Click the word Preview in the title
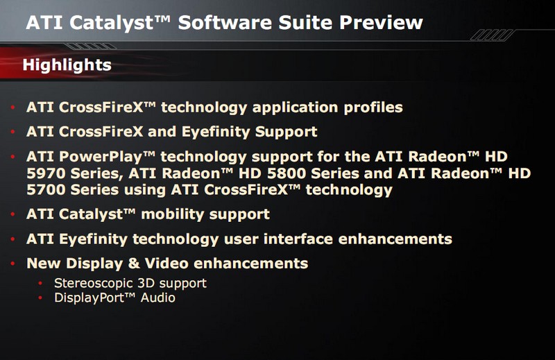coord(381,23)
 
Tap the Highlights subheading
coord(67,65)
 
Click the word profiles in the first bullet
coord(373,108)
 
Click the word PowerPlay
coord(102,157)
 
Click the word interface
coord(298,239)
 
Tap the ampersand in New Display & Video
coord(134,264)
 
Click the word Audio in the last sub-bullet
coord(158,298)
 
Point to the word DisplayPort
coord(89,298)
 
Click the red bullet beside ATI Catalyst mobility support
coord(13,214)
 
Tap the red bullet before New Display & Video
coord(13,264)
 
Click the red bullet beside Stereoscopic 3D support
coord(40,283)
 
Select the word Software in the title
coord(225,23)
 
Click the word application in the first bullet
coord(296,108)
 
